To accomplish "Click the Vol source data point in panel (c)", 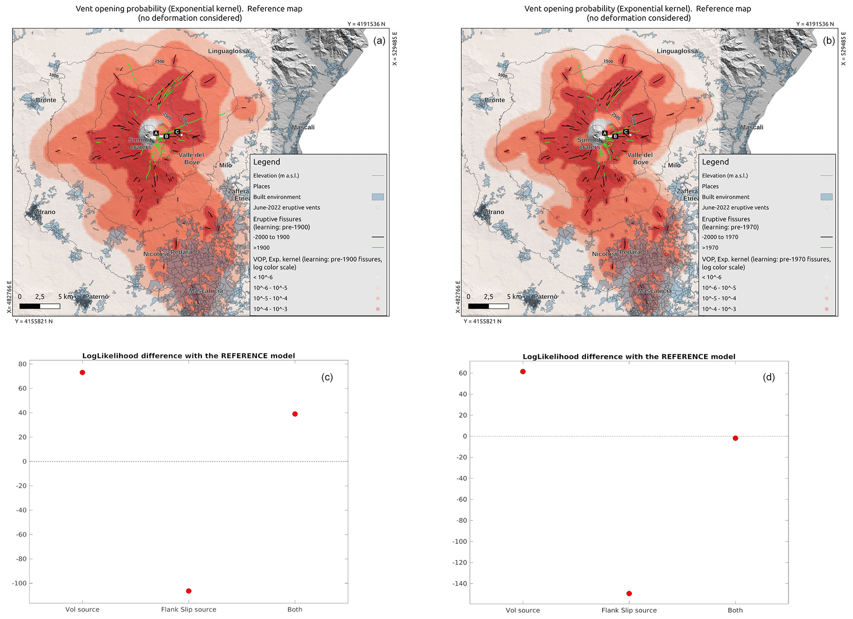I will (x=83, y=373).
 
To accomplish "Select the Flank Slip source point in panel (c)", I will (x=189, y=591).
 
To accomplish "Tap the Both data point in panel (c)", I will (x=295, y=414).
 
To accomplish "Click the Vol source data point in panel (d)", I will (x=523, y=372).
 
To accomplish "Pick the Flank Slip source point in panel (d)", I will (x=629, y=593).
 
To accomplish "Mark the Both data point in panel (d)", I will (x=735, y=438).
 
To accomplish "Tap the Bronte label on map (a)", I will (x=46, y=100).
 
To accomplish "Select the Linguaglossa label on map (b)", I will (x=677, y=51).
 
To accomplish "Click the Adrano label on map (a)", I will (x=45, y=212).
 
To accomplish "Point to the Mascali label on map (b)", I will (x=751, y=127).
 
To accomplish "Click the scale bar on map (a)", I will (x=40, y=306).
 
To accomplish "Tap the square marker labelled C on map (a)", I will (x=177, y=132).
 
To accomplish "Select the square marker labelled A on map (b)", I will (x=605, y=133).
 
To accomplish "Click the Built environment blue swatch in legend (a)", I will (x=378, y=197).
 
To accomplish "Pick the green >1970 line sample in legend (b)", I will (x=826, y=248).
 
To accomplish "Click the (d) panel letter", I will (x=768, y=377).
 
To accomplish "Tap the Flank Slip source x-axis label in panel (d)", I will (x=629, y=610).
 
